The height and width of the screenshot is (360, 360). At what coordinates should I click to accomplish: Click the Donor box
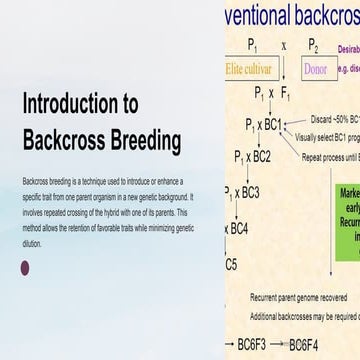click(314, 70)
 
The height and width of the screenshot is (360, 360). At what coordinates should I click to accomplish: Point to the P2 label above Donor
click(313, 46)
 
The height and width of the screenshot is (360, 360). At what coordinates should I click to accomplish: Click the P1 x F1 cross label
click(271, 93)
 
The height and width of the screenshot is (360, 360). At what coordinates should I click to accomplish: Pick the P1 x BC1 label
click(263, 125)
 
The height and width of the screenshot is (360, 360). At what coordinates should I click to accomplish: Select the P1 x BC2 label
click(252, 157)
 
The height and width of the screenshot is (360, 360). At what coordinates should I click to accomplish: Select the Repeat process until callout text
click(331, 159)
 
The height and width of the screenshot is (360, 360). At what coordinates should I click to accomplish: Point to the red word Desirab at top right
click(348, 47)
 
